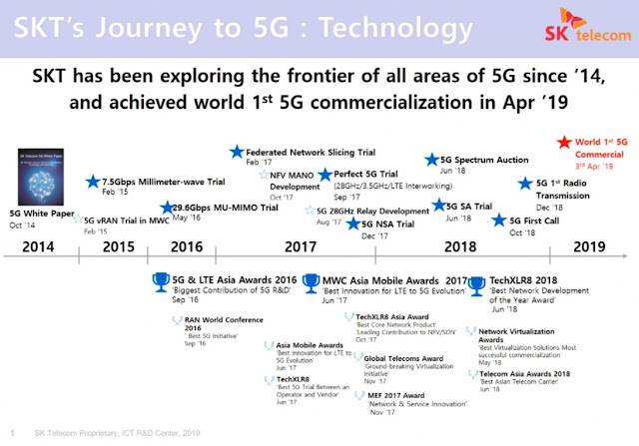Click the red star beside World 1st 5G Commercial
coord(566,144)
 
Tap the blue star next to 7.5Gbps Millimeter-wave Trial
coord(92,181)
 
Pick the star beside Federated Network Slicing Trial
coord(236,152)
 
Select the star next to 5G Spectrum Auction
coord(431,160)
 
